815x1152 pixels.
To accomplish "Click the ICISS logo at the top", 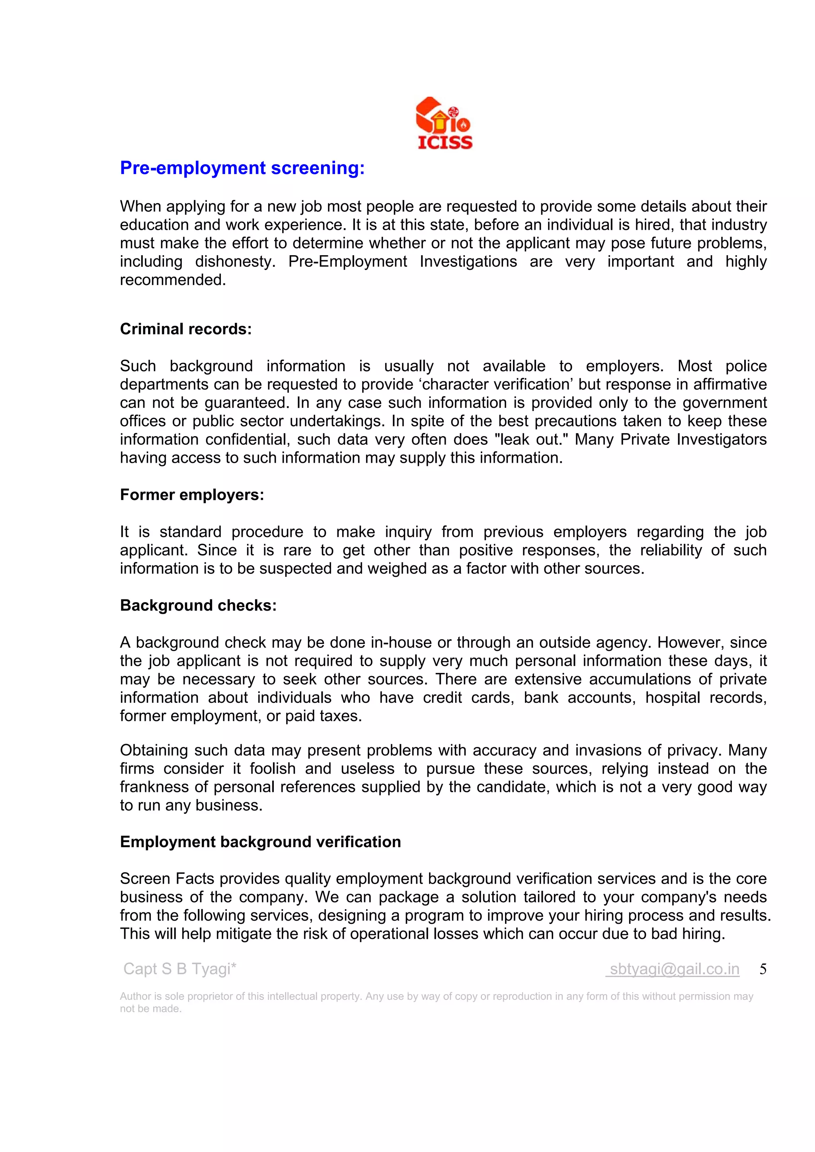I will (444, 123).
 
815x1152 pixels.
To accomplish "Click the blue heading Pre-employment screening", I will (242, 168).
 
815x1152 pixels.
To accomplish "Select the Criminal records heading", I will (186, 329).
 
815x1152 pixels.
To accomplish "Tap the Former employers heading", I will (192, 495).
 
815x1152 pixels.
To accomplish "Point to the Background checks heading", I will (198, 605).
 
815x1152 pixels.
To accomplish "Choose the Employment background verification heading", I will (260, 842).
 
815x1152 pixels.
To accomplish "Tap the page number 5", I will (763, 969).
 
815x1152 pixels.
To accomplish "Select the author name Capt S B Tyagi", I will (179, 969).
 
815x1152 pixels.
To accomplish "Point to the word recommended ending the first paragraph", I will (173, 280).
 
